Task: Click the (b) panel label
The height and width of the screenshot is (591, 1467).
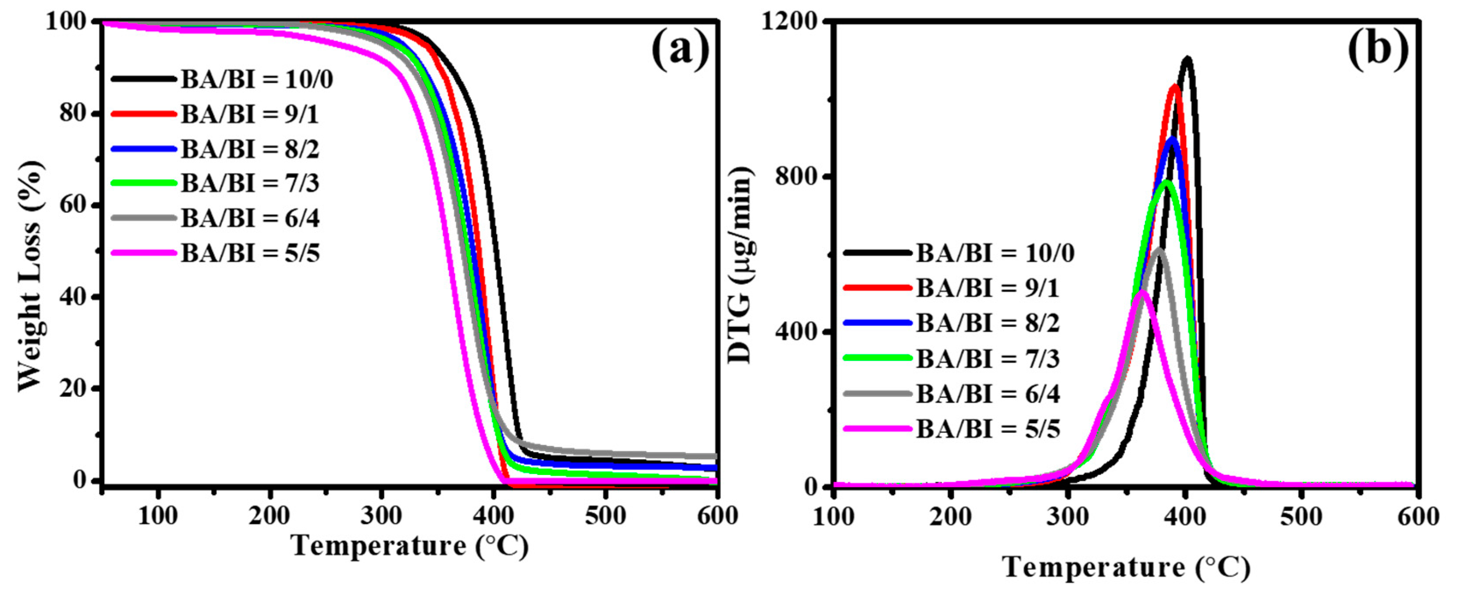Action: [1377, 51]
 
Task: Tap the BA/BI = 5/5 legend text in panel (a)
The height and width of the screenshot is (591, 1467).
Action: [251, 253]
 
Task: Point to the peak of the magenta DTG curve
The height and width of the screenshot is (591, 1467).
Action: [1141, 293]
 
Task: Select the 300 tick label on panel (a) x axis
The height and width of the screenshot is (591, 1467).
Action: [382, 516]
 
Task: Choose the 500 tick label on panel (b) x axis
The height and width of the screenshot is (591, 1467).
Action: [1301, 517]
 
